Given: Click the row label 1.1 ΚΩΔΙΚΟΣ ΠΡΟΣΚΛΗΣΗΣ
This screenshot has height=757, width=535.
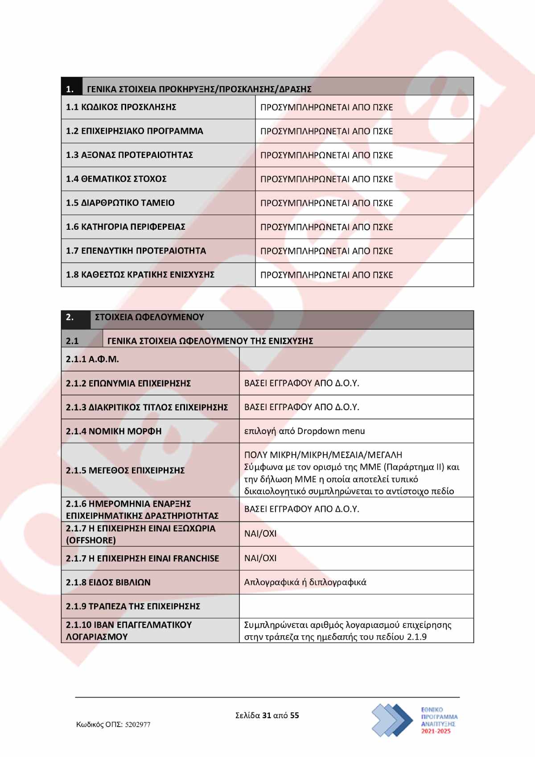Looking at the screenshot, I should (121, 107).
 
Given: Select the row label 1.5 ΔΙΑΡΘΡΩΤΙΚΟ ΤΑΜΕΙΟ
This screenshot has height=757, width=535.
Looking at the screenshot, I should (120, 203).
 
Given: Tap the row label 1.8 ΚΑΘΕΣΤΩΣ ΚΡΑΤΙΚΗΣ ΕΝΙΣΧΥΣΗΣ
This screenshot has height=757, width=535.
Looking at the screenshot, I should (140, 275).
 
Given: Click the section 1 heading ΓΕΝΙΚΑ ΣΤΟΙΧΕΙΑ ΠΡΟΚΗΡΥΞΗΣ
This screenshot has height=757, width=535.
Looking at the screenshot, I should (199, 89).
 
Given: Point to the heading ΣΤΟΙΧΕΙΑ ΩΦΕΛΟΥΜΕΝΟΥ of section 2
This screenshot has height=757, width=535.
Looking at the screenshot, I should (149, 317).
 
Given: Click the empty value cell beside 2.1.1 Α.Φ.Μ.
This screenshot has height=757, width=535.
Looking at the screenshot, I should (356, 360).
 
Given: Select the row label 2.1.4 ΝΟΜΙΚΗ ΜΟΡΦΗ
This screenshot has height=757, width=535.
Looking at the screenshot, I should (114, 431).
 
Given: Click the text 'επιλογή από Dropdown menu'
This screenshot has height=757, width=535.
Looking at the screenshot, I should (305, 431).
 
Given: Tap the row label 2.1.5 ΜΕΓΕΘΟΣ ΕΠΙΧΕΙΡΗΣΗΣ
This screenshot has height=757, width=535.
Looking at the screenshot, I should (125, 470).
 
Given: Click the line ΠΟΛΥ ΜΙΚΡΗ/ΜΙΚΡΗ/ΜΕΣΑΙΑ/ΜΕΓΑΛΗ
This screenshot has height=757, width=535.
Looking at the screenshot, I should (323, 455).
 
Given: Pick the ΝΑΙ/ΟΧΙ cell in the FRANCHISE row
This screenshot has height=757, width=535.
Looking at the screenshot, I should (260, 558).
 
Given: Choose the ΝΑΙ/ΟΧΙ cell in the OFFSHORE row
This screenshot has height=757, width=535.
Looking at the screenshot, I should (260, 534).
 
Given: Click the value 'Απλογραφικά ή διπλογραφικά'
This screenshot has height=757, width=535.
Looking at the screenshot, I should (305, 582).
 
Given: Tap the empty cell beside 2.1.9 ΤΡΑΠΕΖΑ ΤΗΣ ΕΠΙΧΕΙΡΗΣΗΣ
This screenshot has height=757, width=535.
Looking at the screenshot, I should (356, 606).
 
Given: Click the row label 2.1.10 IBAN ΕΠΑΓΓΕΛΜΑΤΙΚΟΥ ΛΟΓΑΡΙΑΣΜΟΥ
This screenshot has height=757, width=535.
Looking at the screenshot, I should (129, 630).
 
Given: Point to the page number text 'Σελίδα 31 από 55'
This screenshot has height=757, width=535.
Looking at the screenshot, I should (267, 716).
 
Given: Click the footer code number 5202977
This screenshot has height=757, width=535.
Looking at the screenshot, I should (138, 725).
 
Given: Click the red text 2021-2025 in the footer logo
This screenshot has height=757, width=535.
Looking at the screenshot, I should (436, 731).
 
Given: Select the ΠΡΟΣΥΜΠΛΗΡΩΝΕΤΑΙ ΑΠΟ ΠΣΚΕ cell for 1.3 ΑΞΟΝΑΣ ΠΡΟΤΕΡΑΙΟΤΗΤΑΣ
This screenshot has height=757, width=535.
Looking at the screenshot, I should (327, 155).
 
